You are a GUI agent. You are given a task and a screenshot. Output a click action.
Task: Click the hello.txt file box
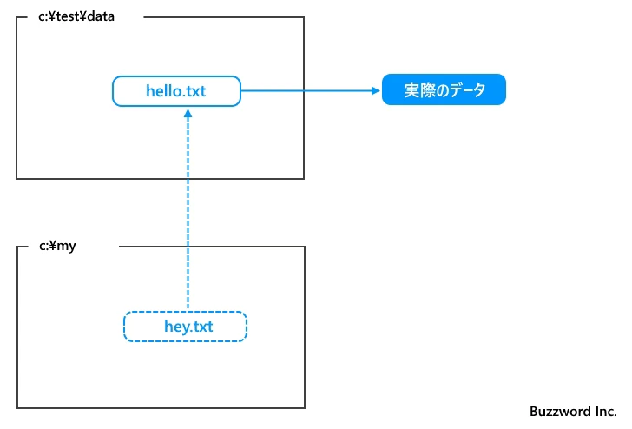coord(176,91)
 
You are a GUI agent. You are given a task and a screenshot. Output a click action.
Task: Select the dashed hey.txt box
coord(186,327)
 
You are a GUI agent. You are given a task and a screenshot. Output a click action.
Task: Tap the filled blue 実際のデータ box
coord(444,90)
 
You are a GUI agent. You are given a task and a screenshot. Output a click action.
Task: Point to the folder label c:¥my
coord(58,247)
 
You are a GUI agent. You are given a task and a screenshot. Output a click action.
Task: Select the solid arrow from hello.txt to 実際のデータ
coord(304,90)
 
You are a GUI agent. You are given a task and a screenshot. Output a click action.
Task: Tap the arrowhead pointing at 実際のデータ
coord(374,90)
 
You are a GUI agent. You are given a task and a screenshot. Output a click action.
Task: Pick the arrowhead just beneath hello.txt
coord(188,114)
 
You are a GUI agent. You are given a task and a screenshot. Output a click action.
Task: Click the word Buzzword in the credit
coord(557,412)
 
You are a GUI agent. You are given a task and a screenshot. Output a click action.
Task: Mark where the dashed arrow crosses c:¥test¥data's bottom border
coord(188,179)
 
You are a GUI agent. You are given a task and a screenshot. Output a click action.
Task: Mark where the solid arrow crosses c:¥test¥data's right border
coord(305,90)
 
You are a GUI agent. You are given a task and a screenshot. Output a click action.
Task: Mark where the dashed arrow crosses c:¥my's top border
coord(188,247)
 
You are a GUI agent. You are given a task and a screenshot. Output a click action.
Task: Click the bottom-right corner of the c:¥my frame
coord(305,407)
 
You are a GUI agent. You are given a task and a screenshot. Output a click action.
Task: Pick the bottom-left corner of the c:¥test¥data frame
coord(16,179)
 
